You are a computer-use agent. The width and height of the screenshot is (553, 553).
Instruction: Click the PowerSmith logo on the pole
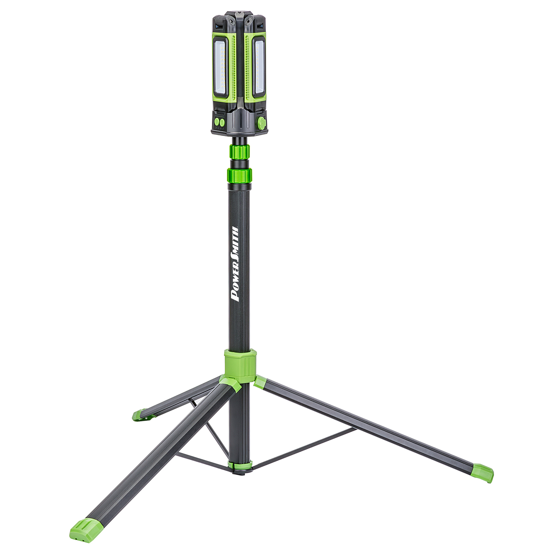234,264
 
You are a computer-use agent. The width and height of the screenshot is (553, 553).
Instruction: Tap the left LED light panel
220,67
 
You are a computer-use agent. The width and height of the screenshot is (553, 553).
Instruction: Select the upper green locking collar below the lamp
239,151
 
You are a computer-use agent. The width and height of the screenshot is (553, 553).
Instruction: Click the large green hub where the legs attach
240,363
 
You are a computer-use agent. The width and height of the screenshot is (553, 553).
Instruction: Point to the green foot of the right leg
483,472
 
